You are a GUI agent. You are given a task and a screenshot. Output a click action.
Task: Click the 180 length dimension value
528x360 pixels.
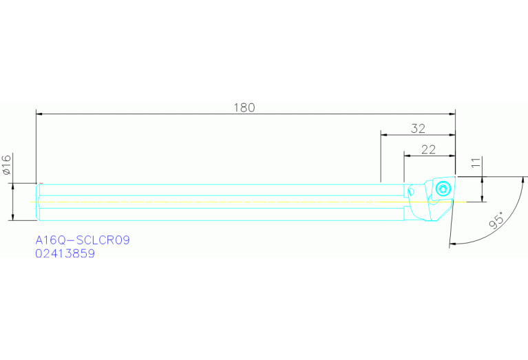(x=244, y=107)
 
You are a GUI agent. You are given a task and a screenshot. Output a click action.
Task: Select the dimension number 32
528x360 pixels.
(x=418, y=128)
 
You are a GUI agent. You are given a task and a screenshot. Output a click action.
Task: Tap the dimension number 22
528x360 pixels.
(x=428, y=149)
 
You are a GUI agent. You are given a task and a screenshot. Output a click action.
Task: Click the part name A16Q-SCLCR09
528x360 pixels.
(x=83, y=240)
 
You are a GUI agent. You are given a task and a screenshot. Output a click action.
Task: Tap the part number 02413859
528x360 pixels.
(x=65, y=253)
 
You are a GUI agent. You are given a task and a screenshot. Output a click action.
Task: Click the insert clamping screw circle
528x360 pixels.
(x=442, y=187)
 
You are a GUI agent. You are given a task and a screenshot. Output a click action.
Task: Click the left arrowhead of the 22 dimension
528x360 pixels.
(x=407, y=156)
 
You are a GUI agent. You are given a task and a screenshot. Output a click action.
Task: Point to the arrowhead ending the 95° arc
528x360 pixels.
(x=452, y=243)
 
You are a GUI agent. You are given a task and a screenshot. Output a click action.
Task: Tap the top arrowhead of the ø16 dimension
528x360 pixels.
(x=13, y=187)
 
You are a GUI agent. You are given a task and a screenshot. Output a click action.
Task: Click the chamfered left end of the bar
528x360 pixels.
(x=38, y=202)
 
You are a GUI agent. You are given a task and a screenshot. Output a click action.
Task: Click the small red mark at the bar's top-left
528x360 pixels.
(x=41, y=183)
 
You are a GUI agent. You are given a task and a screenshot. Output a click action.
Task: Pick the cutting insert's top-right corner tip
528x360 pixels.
(x=454, y=178)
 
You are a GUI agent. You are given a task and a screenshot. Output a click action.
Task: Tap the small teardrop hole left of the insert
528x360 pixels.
(x=412, y=192)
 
